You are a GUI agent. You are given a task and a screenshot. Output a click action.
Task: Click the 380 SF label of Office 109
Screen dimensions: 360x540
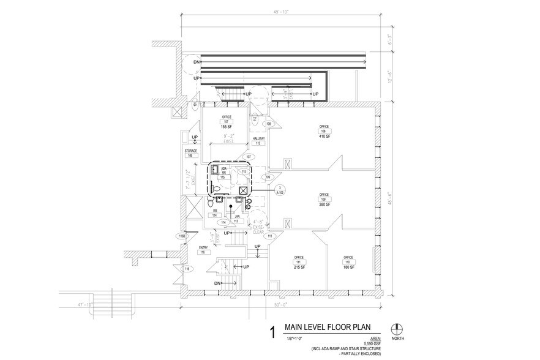[323, 205]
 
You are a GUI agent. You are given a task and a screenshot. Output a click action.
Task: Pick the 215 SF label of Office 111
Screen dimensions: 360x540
[299, 268]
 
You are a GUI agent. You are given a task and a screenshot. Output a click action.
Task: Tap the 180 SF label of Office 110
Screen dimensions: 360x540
[348, 268]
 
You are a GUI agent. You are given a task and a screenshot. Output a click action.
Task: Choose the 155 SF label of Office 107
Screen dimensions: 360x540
[226, 126]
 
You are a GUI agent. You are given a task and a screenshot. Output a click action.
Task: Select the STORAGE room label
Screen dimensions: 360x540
[190, 150]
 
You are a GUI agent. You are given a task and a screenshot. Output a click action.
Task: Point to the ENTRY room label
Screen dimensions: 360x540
[203, 247]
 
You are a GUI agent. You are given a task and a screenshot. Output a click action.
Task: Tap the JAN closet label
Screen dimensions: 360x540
[236, 216]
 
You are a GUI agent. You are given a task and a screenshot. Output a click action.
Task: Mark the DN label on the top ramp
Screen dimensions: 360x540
[197, 62]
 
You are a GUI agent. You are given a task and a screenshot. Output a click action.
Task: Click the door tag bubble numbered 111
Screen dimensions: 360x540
[269, 236]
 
